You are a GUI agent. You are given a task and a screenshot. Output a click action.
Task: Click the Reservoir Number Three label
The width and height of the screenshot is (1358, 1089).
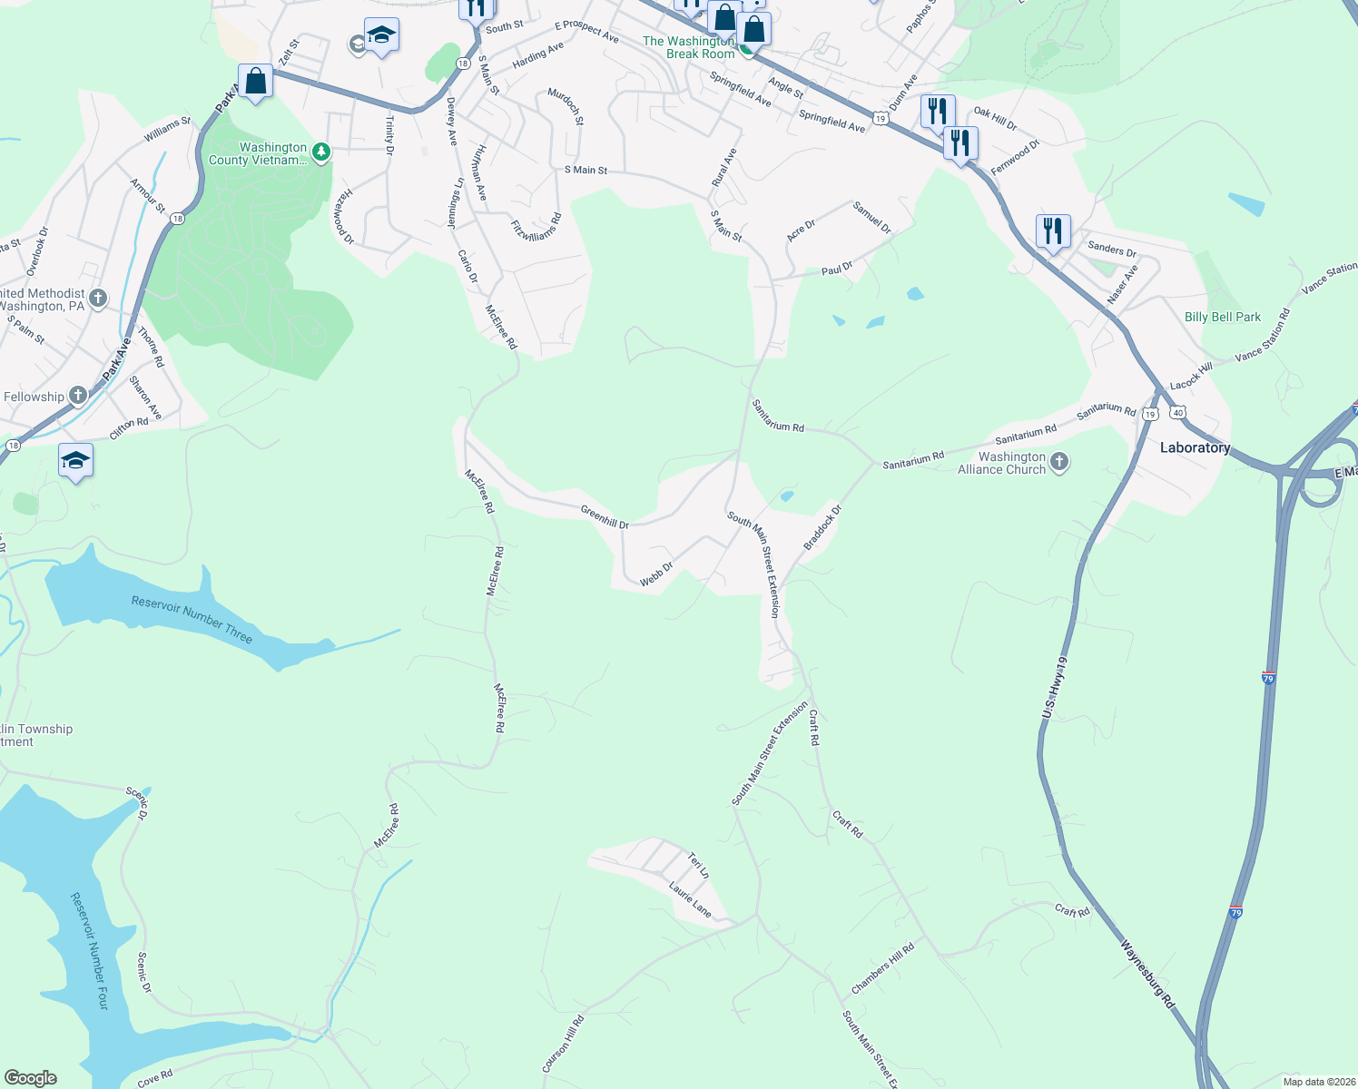[192, 619]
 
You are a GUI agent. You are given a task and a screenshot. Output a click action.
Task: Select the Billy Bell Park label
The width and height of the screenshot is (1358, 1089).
[1223, 317]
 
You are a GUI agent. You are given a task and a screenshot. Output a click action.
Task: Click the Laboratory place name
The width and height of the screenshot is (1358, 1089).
[1195, 447]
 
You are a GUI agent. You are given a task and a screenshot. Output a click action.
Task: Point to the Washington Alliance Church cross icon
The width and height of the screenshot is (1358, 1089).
[1059, 463]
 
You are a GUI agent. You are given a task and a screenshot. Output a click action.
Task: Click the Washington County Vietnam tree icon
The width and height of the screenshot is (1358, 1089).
[320, 152]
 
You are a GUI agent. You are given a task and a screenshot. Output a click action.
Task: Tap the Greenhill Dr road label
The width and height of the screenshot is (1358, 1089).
[605, 518]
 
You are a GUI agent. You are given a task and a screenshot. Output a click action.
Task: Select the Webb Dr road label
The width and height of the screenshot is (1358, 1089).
[656, 574]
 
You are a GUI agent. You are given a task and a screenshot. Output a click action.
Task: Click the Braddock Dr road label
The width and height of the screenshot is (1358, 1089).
[822, 527]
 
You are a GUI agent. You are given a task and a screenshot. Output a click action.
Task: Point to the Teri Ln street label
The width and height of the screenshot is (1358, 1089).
[698, 865]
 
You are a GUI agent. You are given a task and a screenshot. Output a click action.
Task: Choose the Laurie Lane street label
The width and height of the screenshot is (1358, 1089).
[690, 898]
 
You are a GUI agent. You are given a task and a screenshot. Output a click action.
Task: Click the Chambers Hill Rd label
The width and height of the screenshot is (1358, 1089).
[882, 968]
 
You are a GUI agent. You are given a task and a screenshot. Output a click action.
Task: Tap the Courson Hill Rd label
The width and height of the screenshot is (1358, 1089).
[563, 1045]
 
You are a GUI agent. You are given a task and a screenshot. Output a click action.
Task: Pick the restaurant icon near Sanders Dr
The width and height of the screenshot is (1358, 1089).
[1052, 231]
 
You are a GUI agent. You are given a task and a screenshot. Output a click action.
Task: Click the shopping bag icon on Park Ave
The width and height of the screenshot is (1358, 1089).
[255, 82]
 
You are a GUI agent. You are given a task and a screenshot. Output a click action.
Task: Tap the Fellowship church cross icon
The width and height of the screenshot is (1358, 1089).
[79, 395]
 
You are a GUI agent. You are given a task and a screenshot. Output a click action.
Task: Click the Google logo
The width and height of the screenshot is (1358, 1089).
[30, 1078]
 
